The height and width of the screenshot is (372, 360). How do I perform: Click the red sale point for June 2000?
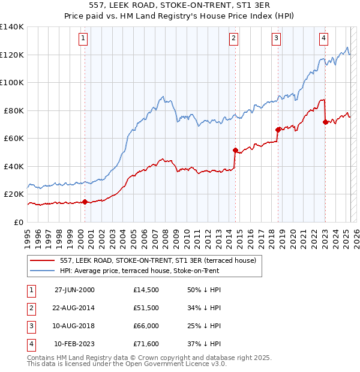click(x=85, y=202)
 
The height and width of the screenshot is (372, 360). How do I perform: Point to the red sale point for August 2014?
click(x=235, y=150)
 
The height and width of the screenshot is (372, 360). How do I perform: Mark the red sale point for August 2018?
click(x=278, y=130)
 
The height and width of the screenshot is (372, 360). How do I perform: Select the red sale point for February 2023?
click(x=325, y=122)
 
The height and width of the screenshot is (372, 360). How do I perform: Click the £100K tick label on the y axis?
click(x=11, y=82)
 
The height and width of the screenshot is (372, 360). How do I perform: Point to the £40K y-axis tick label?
click(x=13, y=166)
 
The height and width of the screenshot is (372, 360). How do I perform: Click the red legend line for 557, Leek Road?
click(x=42, y=260)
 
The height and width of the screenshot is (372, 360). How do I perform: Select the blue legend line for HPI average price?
click(x=42, y=271)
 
